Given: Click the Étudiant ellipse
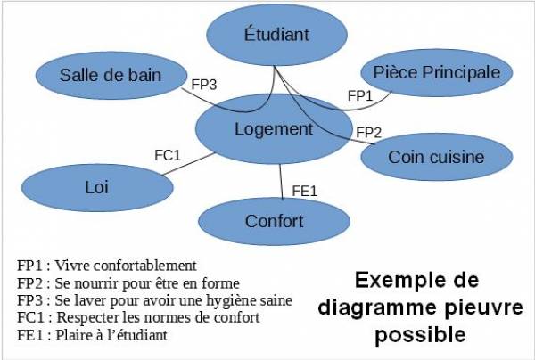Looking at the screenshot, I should tap(276, 36).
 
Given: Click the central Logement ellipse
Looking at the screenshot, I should tap(273, 129).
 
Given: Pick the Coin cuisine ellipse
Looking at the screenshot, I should tap(435, 158).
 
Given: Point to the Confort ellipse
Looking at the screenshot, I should tap(274, 221).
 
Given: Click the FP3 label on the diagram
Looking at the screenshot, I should tap(205, 86).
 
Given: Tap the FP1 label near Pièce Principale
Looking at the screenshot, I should tap(359, 95).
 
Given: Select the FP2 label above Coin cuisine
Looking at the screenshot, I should tap(368, 133).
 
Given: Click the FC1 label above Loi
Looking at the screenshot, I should tap(168, 155).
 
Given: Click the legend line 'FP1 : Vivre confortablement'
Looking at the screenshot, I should tap(106, 266).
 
